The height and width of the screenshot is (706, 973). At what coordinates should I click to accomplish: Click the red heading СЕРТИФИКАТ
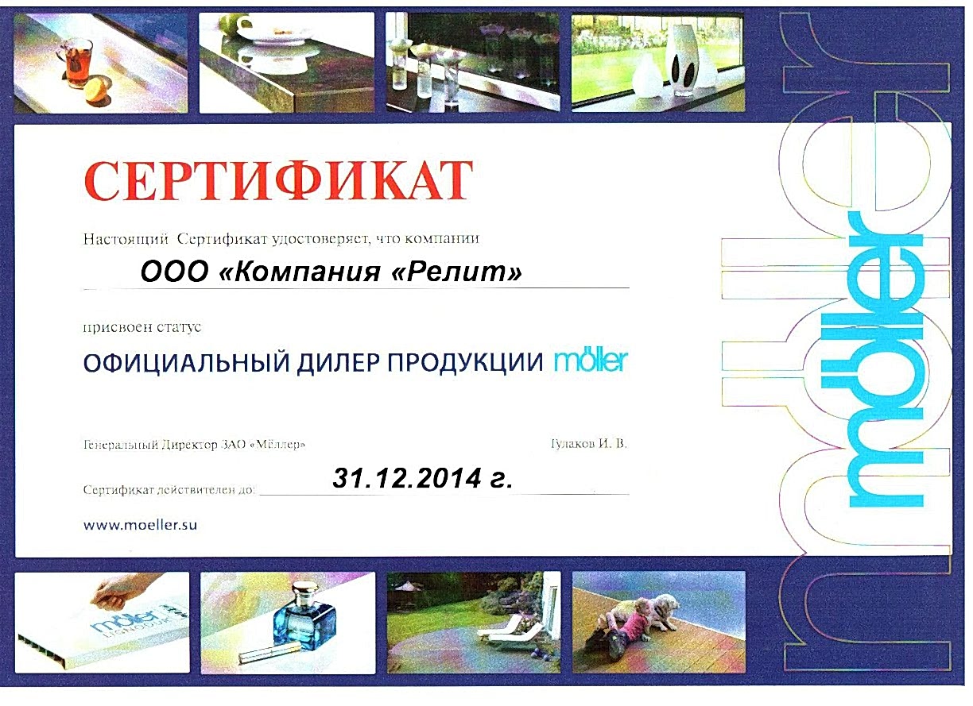(x=278, y=180)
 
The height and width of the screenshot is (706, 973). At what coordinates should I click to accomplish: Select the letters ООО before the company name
(x=175, y=272)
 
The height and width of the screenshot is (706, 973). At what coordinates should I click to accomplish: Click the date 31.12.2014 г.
(x=423, y=478)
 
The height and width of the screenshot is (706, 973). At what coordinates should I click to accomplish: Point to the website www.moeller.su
(x=140, y=525)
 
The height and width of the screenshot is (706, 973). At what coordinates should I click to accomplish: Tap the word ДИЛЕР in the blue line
(x=339, y=362)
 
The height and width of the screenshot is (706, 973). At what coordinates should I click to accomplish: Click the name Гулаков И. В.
(x=589, y=443)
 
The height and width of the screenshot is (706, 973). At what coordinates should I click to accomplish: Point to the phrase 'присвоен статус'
(x=142, y=327)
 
